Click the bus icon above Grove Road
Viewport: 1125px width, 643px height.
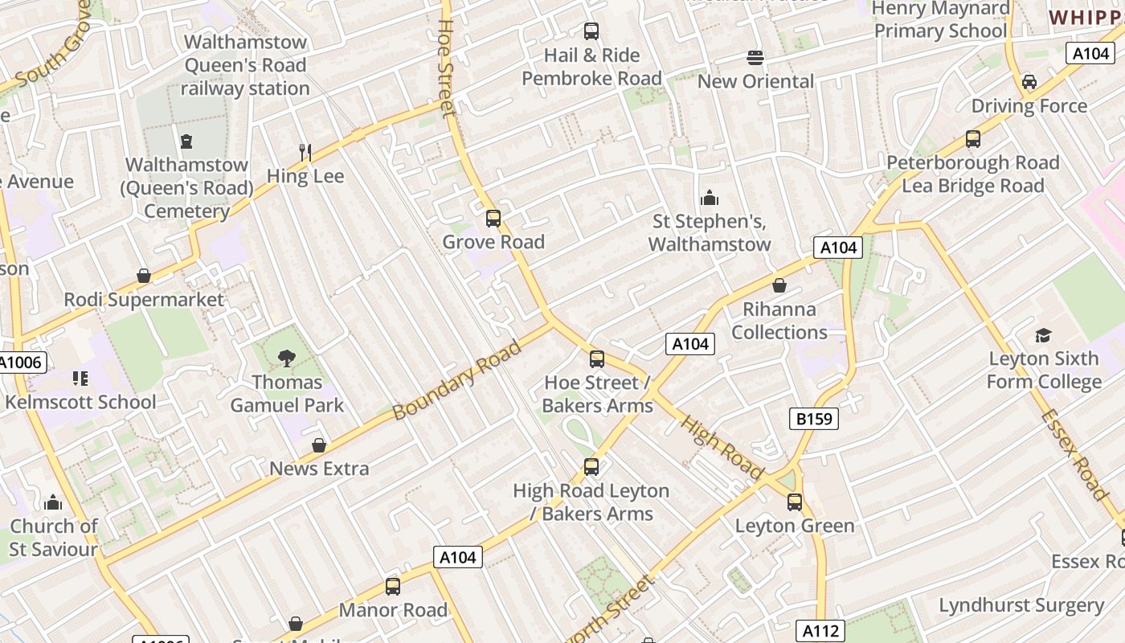click(493, 218)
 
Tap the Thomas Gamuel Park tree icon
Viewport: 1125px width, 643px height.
click(287, 358)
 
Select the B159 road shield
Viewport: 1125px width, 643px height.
click(814, 419)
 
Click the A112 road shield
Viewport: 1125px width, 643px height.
click(820, 631)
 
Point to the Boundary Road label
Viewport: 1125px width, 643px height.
click(457, 379)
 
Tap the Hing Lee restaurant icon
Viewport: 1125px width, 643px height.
click(305, 152)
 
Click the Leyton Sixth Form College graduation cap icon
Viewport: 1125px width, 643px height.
click(1043, 335)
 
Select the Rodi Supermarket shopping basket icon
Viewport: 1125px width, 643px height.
click(144, 276)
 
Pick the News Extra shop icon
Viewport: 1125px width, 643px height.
click(319, 445)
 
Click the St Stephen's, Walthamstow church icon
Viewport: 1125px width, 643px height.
click(710, 198)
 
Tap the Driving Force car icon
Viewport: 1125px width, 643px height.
click(1029, 82)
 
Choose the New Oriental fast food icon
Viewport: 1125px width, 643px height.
click(755, 57)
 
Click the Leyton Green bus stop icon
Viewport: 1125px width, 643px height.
click(795, 502)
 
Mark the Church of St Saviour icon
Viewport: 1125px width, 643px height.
click(53, 503)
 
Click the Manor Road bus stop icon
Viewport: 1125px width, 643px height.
click(393, 587)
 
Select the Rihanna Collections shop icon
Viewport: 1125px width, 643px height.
click(779, 285)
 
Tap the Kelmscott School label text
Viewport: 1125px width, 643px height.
click(80, 402)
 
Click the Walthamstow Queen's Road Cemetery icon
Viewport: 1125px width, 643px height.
click(186, 141)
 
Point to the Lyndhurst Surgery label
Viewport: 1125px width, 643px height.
click(1021, 605)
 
